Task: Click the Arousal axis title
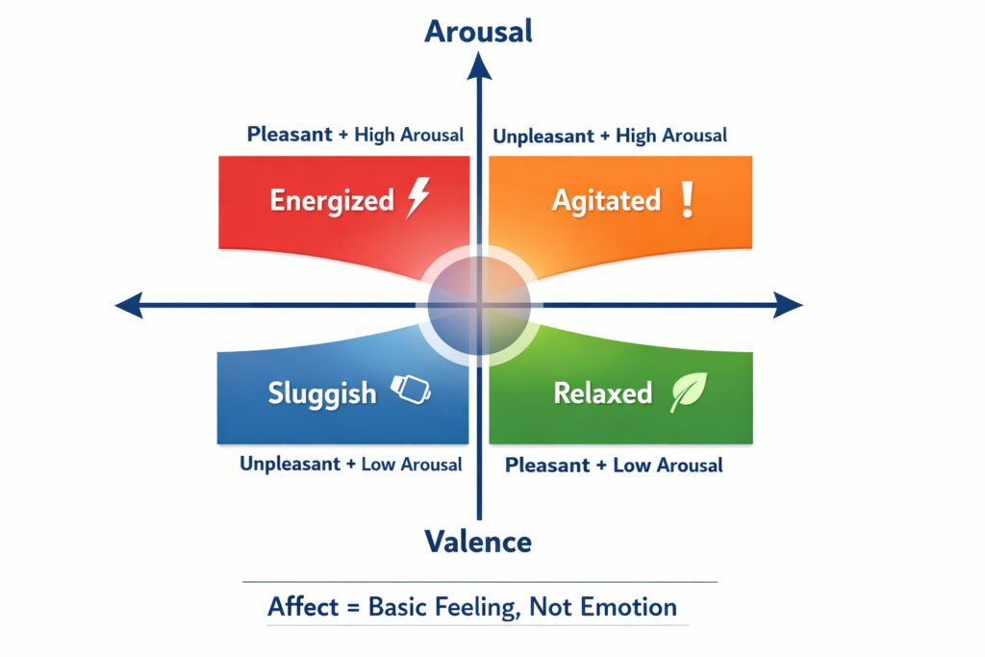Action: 478,31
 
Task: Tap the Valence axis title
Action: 478,542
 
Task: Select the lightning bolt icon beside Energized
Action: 417,198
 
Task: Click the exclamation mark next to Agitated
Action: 686,199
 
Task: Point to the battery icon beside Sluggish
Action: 411,390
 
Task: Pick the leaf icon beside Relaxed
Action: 688,392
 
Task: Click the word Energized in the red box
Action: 332,200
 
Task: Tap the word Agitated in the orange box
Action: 606,200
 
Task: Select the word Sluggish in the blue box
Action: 321,393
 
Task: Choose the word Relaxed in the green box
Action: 603,393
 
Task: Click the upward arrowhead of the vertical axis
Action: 478,65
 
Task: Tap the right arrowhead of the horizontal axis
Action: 790,306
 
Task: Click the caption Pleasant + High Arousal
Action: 355,135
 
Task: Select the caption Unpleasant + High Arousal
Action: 610,136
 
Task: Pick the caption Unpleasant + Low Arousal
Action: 350,464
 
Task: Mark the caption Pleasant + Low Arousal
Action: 614,466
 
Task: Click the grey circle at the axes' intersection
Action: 478,306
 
